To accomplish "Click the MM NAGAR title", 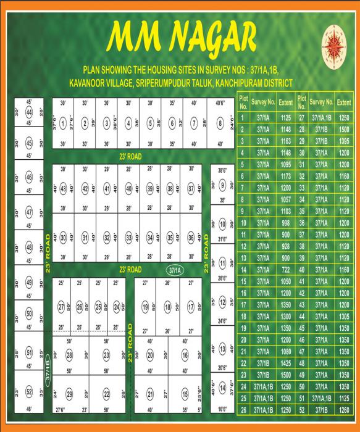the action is click(181, 37).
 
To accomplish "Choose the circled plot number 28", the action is click(70, 355).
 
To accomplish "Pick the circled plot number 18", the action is click(167, 307).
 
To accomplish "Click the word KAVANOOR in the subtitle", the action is click(95, 82).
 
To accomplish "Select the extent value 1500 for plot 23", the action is click(286, 374).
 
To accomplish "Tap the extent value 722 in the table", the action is click(286, 269).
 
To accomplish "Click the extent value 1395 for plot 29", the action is click(345, 141).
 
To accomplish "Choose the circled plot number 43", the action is click(63, 189).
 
